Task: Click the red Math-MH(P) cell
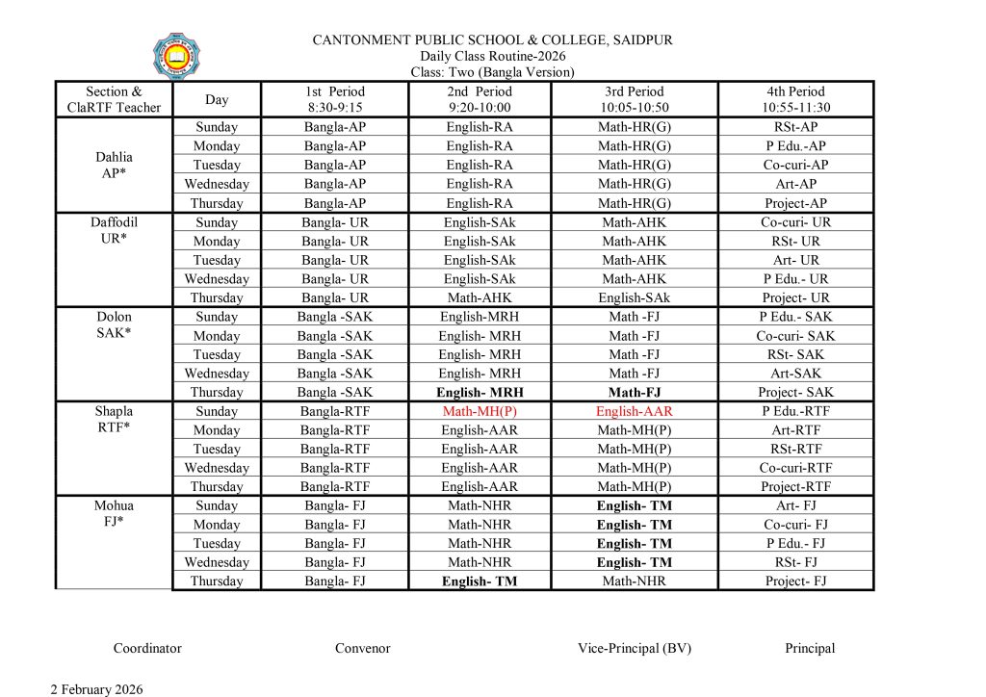click(479, 411)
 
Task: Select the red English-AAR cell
click(635, 411)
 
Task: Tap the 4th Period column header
click(795, 99)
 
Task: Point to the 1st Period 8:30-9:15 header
click(334, 99)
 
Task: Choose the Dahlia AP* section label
click(114, 165)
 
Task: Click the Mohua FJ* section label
click(114, 514)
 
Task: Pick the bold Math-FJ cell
click(635, 392)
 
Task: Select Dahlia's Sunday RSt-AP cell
click(795, 127)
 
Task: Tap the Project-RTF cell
click(795, 486)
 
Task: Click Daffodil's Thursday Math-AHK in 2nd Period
click(479, 297)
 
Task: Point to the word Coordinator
click(147, 648)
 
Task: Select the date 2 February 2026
click(96, 688)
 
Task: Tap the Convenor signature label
click(362, 648)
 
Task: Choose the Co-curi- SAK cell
click(795, 336)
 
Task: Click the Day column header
click(217, 99)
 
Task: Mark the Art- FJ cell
click(795, 505)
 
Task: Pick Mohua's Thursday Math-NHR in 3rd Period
click(635, 581)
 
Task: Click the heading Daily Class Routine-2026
click(492, 56)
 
